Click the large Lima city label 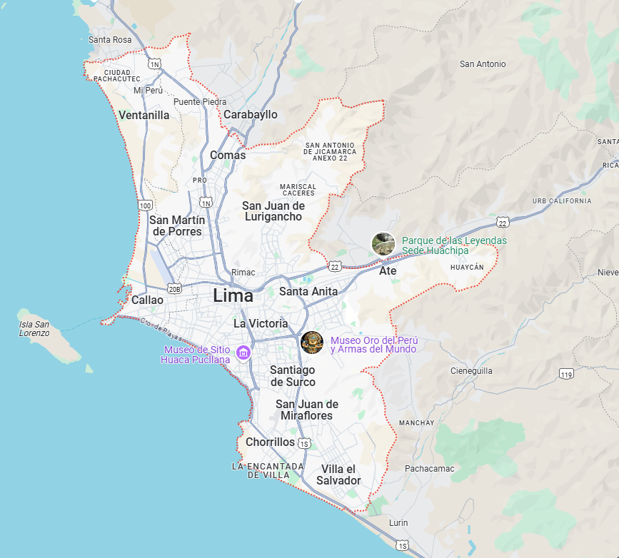tap(233, 295)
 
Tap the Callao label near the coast tap(147, 300)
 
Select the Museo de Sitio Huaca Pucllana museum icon tap(243, 353)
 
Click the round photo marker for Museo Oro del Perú tap(312, 343)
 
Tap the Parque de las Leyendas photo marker tap(383, 244)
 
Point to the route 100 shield tap(146, 206)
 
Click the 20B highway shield tap(174, 288)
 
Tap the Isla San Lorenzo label tap(34, 328)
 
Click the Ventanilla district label tap(144, 115)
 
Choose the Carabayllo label tap(251, 114)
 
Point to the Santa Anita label tap(308, 291)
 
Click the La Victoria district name tap(261, 323)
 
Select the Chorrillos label tap(270, 442)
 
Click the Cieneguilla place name tap(472, 371)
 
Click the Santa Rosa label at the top tap(110, 40)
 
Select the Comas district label tap(228, 155)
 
